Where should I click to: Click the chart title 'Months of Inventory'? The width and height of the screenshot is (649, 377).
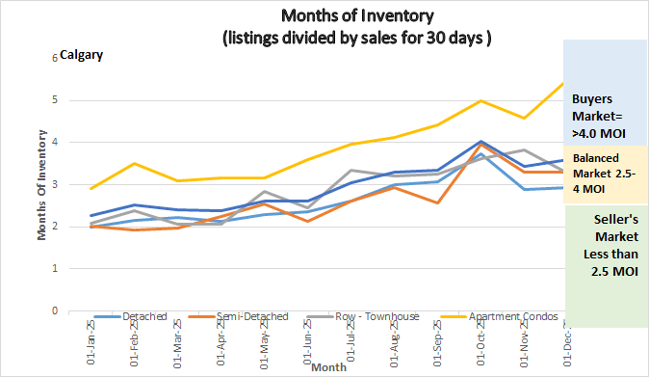click(x=356, y=15)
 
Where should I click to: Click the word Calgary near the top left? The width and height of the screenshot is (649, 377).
click(x=81, y=55)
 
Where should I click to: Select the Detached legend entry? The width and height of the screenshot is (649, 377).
click(x=145, y=316)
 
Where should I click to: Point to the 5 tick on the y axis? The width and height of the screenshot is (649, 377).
click(x=55, y=100)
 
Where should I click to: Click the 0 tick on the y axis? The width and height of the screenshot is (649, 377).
click(x=55, y=311)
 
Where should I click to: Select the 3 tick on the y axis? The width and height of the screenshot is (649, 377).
click(x=55, y=185)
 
